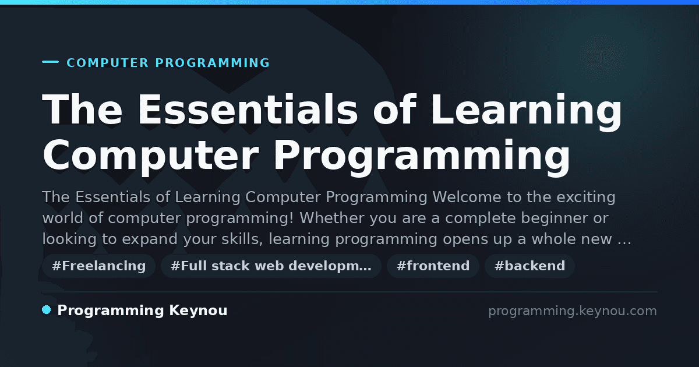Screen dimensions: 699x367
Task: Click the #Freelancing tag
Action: pos(98,266)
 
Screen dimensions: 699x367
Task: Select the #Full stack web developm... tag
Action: pos(271,266)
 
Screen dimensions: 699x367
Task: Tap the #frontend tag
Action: pos(433,266)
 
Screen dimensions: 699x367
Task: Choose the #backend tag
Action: pos(529,266)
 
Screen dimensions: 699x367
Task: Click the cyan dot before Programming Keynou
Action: pos(47,310)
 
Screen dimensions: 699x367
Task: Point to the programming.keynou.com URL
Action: pos(573,311)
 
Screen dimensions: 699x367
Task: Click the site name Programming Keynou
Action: pos(142,310)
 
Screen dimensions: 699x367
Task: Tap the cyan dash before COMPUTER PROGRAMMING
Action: pos(50,62)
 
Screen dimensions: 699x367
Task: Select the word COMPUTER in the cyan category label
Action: pos(108,63)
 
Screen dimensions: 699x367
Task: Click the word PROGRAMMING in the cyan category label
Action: pos(213,63)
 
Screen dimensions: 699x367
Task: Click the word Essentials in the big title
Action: pos(248,110)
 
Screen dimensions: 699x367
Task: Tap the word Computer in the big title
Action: pos(151,157)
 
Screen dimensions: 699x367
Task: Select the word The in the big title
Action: pos(82,110)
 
